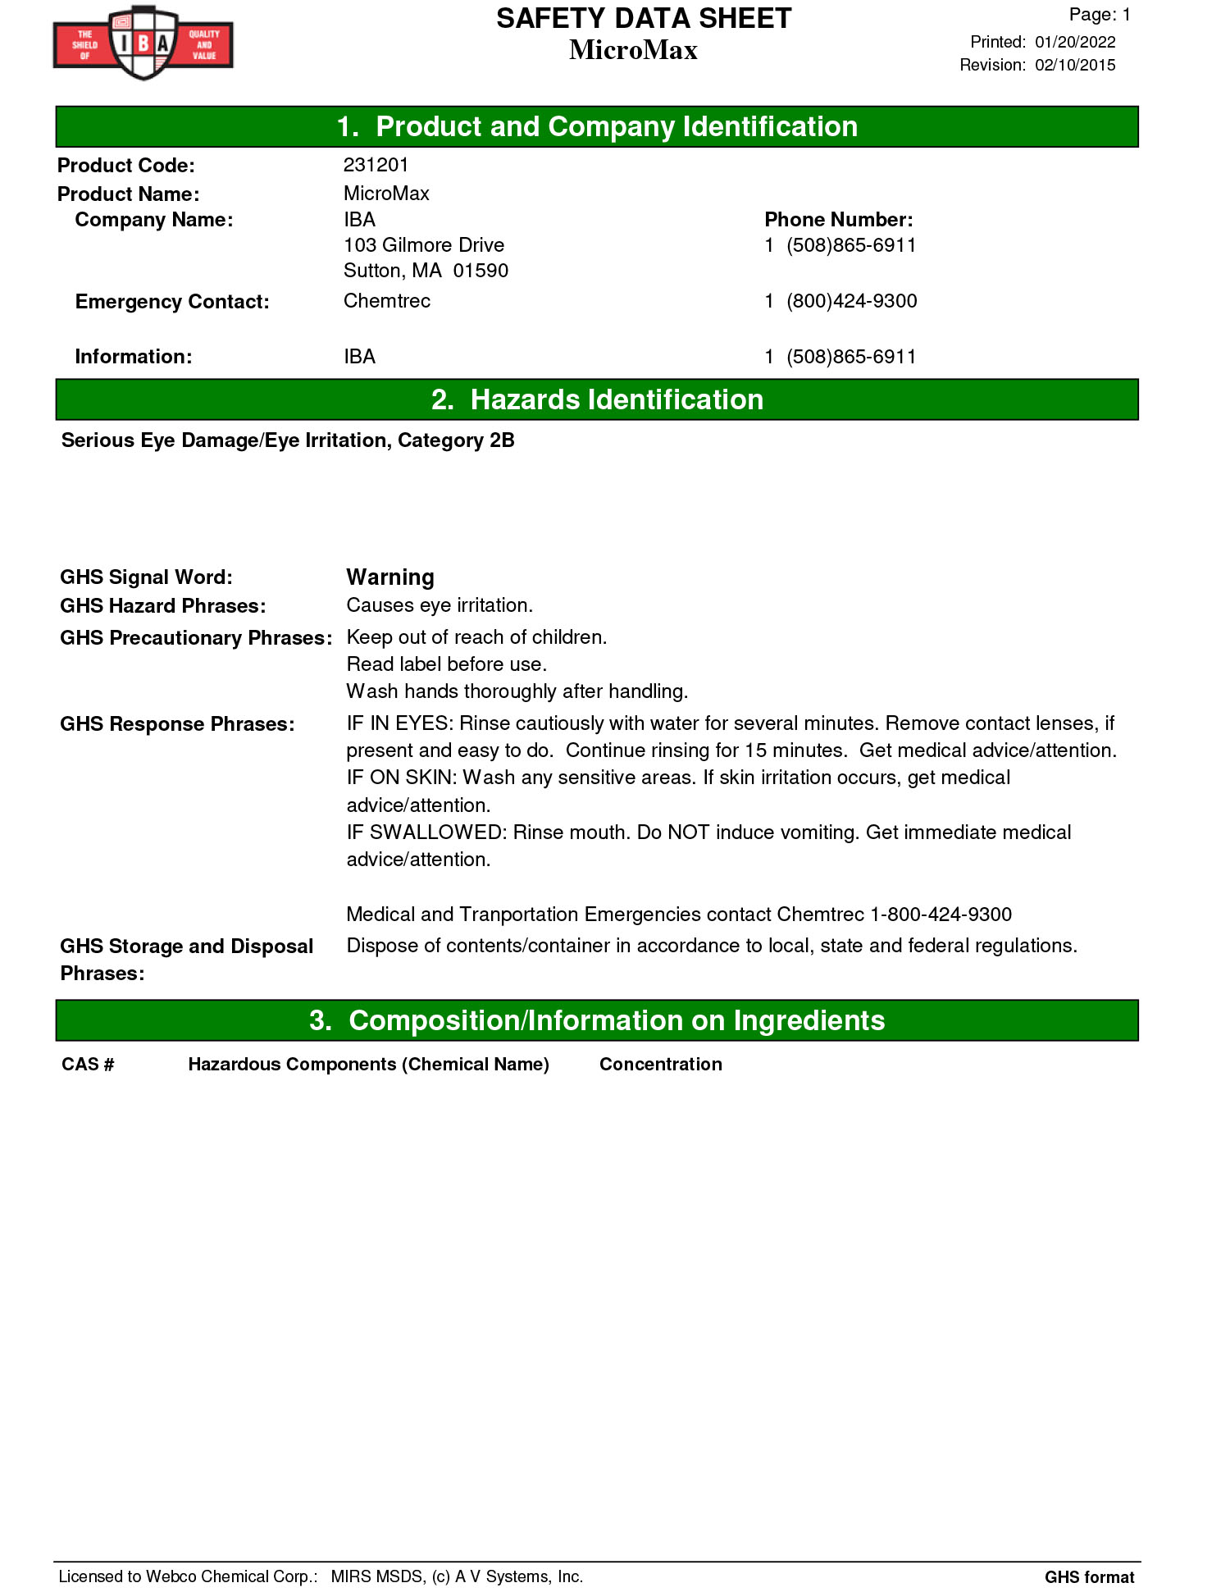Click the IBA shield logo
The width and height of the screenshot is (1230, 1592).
pyautogui.click(x=143, y=43)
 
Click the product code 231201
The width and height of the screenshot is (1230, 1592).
pyautogui.click(x=376, y=165)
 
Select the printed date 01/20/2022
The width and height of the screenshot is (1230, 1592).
pyautogui.click(x=1074, y=42)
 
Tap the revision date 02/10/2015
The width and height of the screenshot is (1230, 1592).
pyautogui.click(x=1074, y=65)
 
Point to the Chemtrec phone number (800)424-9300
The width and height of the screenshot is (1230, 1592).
pyautogui.click(x=851, y=301)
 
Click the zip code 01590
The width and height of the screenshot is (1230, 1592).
pyautogui.click(x=481, y=271)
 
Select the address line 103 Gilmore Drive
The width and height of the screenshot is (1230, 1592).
pyautogui.click(x=423, y=245)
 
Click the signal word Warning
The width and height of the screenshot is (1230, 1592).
pyautogui.click(x=390, y=577)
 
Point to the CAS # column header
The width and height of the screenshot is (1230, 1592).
pyautogui.click(x=88, y=1065)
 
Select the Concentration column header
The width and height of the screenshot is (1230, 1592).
pyautogui.click(x=660, y=1065)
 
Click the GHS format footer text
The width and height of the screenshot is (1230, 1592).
pyautogui.click(x=1089, y=1577)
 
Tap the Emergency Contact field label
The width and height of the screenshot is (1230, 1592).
pyautogui.click(x=172, y=302)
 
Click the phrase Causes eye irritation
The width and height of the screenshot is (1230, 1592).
pyautogui.click(x=440, y=605)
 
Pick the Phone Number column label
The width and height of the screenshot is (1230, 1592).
pyautogui.click(x=838, y=220)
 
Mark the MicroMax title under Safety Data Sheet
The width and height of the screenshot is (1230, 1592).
pyautogui.click(x=633, y=50)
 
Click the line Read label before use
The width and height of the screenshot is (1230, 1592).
pyautogui.click(x=446, y=664)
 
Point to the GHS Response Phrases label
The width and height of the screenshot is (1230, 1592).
pyautogui.click(x=177, y=724)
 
